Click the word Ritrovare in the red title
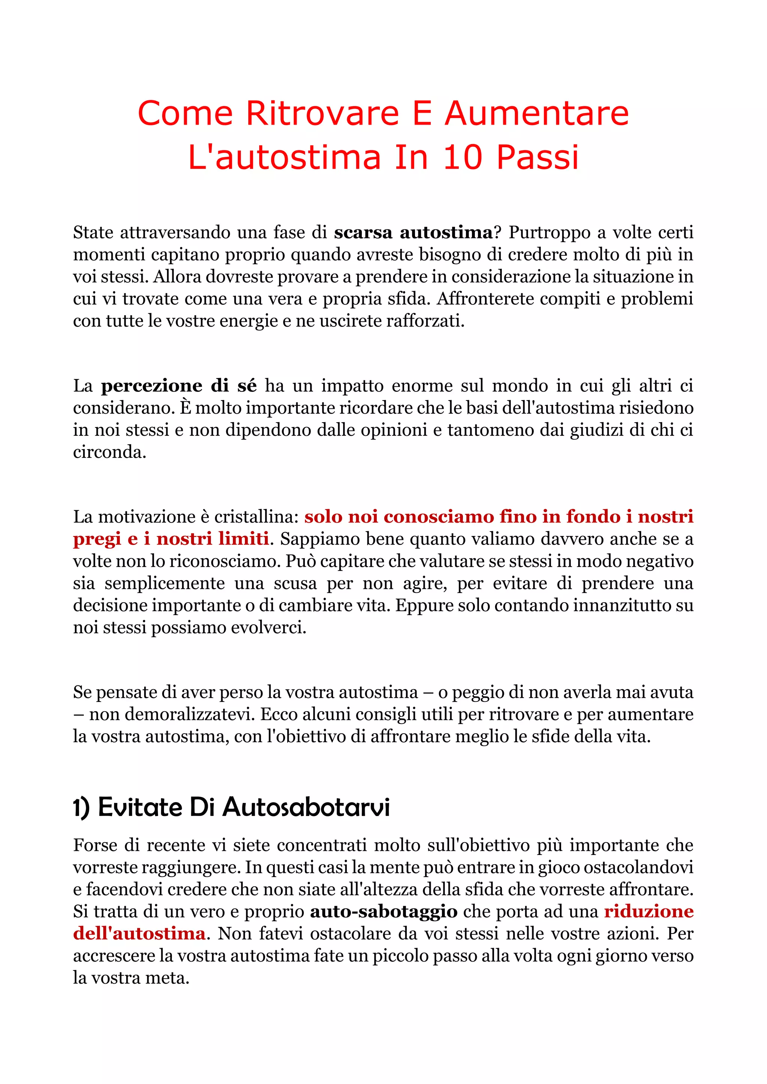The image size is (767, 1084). (x=322, y=113)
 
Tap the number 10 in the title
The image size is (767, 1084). (x=463, y=157)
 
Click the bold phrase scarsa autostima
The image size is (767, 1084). (x=413, y=232)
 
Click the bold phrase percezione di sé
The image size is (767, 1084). (x=179, y=386)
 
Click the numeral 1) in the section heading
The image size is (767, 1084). (x=81, y=807)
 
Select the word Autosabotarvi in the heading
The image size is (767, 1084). (x=306, y=807)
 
